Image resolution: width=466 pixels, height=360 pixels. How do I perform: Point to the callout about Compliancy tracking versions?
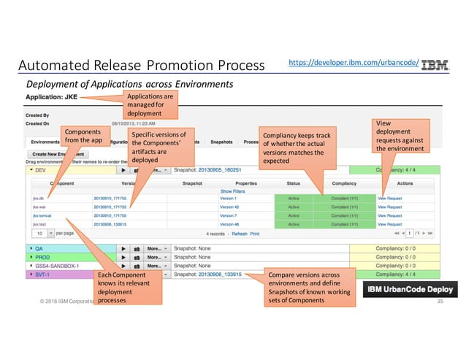pos(298,148)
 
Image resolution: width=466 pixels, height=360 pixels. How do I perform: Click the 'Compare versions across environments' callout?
pos(313,287)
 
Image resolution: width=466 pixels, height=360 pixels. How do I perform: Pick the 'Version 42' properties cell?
pos(228,207)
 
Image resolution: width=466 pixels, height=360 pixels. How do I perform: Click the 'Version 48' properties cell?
pos(228,224)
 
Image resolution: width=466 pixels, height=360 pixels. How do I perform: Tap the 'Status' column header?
pos(294,183)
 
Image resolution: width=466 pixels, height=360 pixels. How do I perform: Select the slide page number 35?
pos(440,302)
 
